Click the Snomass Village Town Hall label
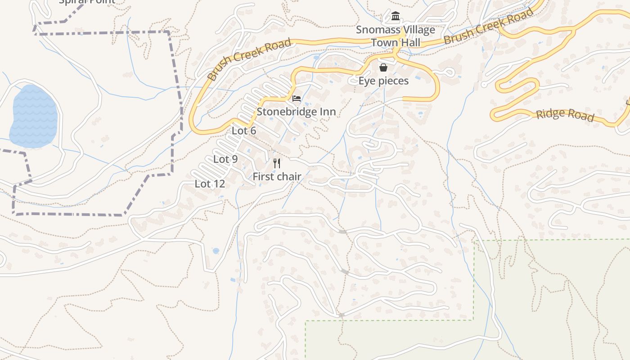click(395, 36)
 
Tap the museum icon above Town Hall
click(396, 17)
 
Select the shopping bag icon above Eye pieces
click(383, 67)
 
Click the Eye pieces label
click(383, 81)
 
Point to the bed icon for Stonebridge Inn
click(296, 99)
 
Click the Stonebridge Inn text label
click(296, 112)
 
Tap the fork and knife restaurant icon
click(277, 163)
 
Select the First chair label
click(276, 176)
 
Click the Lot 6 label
click(243, 131)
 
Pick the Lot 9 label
click(225, 159)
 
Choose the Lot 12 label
click(210, 184)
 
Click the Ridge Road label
click(565, 115)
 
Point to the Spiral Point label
click(87, 1)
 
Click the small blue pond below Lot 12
click(216, 251)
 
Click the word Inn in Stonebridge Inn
click(328, 112)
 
